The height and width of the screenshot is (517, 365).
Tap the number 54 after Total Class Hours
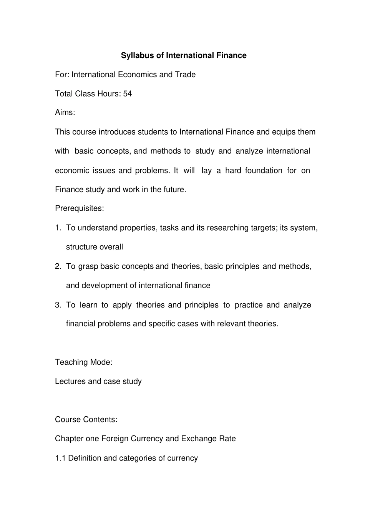(x=128, y=94)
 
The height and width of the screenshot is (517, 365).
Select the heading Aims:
(x=65, y=113)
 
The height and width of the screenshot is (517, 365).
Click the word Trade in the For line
(x=185, y=75)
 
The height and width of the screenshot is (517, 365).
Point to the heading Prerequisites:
(x=80, y=208)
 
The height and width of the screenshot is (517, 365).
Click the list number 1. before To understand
(x=58, y=228)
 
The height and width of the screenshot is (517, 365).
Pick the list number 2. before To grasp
(x=58, y=266)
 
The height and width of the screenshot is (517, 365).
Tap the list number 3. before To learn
(x=58, y=305)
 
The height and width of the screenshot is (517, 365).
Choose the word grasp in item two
(x=88, y=266)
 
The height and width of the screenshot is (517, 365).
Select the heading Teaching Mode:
(x=84, y=362)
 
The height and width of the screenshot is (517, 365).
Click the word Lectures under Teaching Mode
(x=70, y=381)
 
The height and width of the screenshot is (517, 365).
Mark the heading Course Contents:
(x=86, y=419)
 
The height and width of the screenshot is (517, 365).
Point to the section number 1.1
(x=60, y=458)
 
